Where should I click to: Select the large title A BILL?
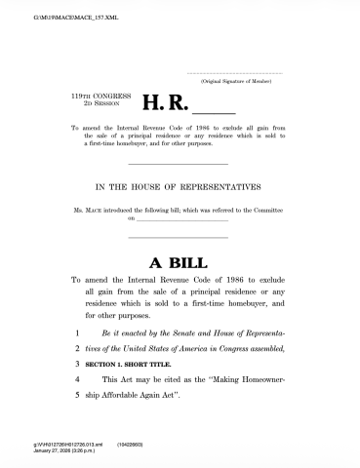[x=180, y=262]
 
